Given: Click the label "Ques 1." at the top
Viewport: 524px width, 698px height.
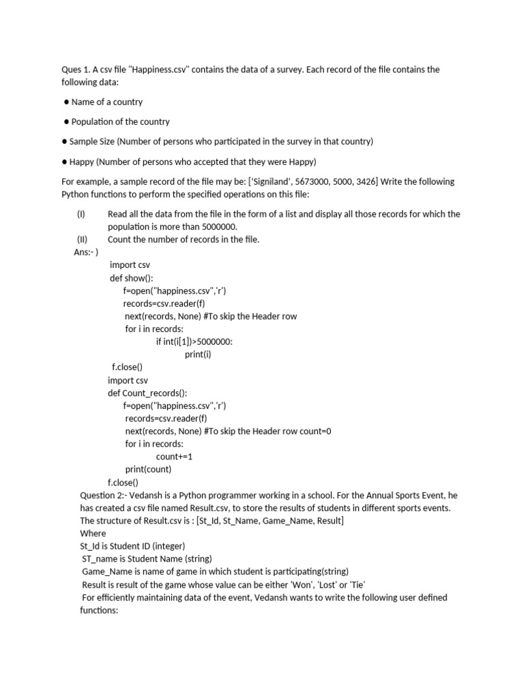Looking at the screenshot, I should pyautogui.click(x=76, y=70).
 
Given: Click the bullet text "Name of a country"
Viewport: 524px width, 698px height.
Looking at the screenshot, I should pyautogui.click(x=107, y=102).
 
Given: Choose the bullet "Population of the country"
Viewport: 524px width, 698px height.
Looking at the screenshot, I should pyautogui.click(x=121, y=122).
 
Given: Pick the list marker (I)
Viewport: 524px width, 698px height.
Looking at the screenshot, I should pyautogui.click(x=81, y=214).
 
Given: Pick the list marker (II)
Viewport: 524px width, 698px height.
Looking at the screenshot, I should pyautogui.click(x=81, y=239).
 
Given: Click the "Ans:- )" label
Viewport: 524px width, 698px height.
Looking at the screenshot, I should pyautogui.click(x=86, y=252).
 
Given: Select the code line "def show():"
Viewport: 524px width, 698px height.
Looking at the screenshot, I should pyautogui.click(x=132, y=278).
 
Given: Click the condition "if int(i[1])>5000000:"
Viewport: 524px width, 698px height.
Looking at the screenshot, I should pyautogui.click(x=199, y=342).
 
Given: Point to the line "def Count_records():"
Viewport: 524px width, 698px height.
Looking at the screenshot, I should pyautogui.click(x=147, y=393).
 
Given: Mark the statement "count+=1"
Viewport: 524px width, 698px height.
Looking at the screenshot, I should pyautogui.click(x=174, y=457).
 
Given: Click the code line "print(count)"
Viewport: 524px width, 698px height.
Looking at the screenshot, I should pyautogui.click(x=148, y=470).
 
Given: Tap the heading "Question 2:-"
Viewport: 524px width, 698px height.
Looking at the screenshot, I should pyautogui.click(x=106, y=496).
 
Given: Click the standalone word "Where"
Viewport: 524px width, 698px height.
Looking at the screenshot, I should pyautogui.click(x=93, y=534).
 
